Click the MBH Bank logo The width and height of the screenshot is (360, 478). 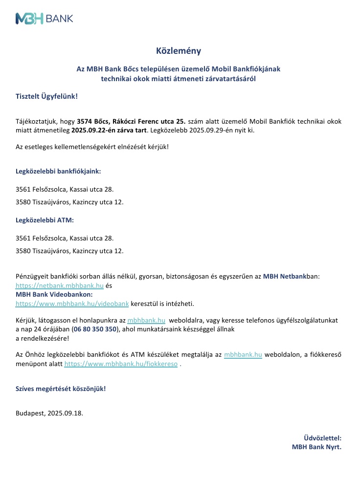(45, 19)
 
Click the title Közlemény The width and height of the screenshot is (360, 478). (179, 51)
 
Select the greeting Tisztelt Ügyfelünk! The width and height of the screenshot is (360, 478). (46, 96)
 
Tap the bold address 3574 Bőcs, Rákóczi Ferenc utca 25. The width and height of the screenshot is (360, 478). (132, 121)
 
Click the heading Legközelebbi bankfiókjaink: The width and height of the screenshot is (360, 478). (58, 172)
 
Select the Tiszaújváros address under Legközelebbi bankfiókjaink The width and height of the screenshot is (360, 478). (69, 202)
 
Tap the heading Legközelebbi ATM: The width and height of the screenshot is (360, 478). (45, 220)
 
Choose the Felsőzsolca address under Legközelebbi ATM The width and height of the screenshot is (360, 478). (65, 238)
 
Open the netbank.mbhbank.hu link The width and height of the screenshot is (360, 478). (59, 285)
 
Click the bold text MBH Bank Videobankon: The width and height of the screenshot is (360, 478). (54, 294)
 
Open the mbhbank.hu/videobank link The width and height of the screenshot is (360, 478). (72, 304)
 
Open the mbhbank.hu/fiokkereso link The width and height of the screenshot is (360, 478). (121, 364)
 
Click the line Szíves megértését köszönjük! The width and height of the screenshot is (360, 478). (61, 389)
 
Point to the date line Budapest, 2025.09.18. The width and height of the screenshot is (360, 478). (49, 413)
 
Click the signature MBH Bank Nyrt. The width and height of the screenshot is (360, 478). (316, 447)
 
